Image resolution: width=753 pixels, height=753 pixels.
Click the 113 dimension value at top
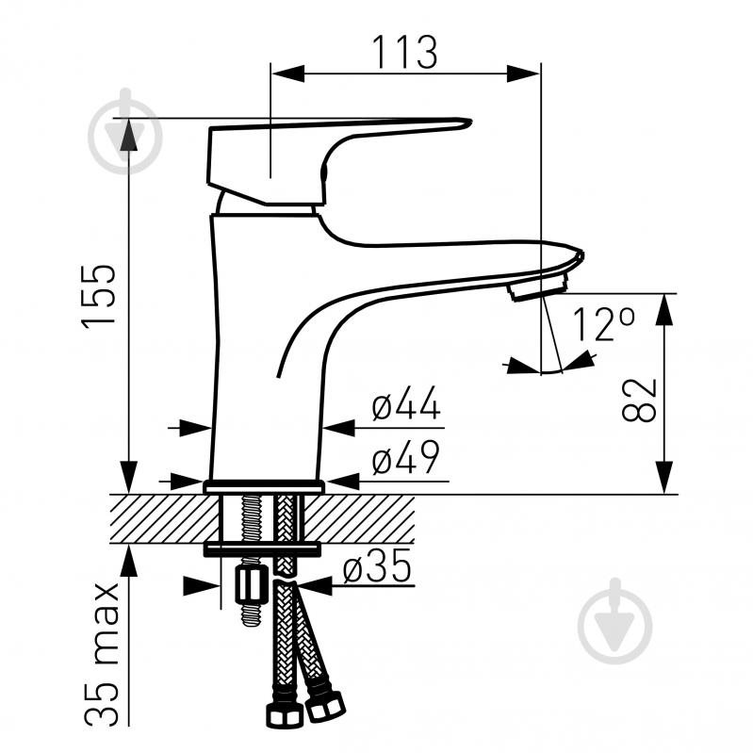[405, 53]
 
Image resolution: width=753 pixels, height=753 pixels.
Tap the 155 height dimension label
[99, 296]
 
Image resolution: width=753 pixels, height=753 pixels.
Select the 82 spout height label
[639, 400]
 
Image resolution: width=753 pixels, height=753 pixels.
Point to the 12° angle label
[604, 324]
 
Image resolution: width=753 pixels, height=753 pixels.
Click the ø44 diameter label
[406, 403]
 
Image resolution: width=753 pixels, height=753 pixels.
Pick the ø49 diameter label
[406, 456]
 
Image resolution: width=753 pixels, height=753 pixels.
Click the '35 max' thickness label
[101, 654]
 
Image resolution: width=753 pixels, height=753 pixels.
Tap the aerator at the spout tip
[539, 289]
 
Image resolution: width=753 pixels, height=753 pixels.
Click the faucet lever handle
[336, 158]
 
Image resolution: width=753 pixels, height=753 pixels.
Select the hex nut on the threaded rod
[252, 583]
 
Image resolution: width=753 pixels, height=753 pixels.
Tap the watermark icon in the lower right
[615, 621]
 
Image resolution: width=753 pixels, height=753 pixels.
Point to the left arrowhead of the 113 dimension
[288, 74]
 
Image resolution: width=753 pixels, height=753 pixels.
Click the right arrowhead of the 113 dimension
[523, 74]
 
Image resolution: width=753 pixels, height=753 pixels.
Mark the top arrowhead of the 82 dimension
[664, 310]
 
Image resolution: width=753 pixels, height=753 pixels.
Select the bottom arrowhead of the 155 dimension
[129, 477]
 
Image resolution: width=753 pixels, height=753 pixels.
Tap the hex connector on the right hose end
[325, 706]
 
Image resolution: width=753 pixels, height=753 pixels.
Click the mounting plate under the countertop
[262, 548]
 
